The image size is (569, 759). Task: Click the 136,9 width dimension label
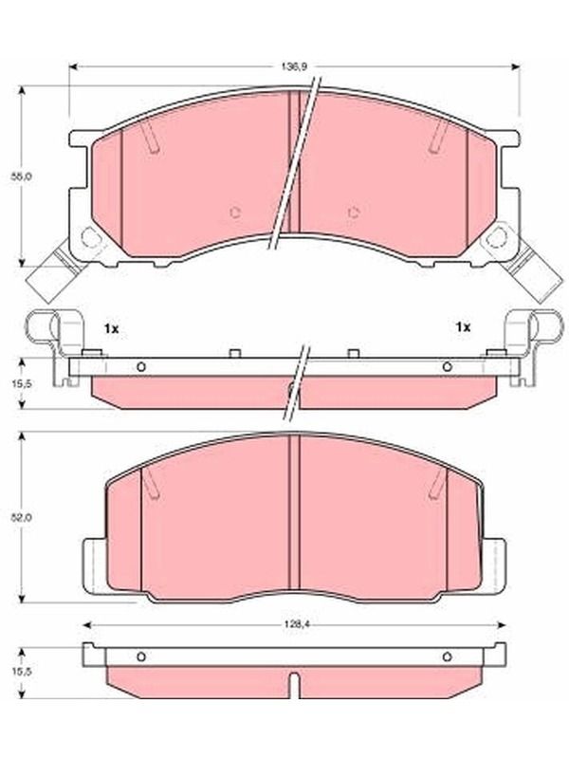click(x=294, y=66)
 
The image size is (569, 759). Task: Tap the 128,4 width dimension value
click(x=295, y=624)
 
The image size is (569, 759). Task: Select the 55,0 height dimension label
click(x=22, y=176)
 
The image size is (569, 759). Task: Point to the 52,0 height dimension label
click(x=22, y=516)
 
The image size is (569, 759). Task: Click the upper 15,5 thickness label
click(x=22, y=383)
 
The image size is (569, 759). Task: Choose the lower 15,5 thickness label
click(x=22, y=672)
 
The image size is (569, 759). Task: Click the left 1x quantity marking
click(x=111, y=329)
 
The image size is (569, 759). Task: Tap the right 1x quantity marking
click(x=463, y=327)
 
